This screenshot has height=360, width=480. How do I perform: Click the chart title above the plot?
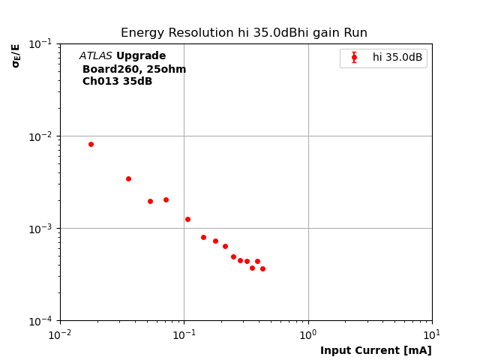tap(244, 33)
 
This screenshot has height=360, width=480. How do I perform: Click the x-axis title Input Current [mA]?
tap(376, 351)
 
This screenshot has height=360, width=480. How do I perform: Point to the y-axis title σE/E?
tap(16, 55)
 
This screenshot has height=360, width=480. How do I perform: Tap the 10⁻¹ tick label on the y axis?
tap(41, 43)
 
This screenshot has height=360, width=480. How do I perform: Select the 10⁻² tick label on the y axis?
tap(41, 136)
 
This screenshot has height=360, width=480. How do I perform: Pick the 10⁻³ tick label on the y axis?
tap(41, 228)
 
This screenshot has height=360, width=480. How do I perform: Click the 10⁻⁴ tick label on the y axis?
tap(41, 320)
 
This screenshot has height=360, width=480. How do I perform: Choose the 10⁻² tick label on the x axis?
tap(60, 334)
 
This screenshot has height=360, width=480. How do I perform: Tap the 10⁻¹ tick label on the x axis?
tap(184, 334)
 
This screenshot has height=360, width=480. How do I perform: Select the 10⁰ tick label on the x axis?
tap(308, 334)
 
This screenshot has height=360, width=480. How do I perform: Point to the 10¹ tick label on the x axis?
tap(432, 334)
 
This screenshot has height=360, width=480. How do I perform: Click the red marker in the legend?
tap(354, 58)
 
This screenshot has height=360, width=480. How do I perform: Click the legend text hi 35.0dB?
tap(397, 58)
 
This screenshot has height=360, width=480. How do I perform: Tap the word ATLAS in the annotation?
tap(96, 56)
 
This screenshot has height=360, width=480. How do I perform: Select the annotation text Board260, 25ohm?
tap(134, 69)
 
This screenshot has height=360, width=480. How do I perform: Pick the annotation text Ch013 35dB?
tap(117, 82)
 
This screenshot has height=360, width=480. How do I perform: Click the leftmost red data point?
tap(91, 144)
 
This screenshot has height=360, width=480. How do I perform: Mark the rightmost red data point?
tap(262, 268)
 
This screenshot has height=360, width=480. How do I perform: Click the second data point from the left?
tap(128, 178)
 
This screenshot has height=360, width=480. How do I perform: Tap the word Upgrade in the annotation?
tap(141, 56)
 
